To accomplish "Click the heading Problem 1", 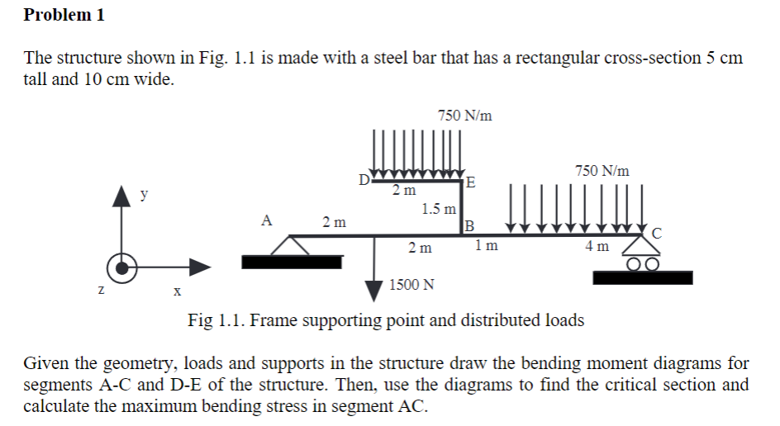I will click(64, 15).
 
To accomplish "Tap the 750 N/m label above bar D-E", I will click(465, 116).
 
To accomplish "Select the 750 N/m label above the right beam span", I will click(602, 171).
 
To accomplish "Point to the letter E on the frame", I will click(471, 182).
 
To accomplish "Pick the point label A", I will click(265, 220).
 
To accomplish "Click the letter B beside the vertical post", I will click(470, 225).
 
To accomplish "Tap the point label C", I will click(657, 232).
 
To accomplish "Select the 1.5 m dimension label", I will click(438, 209).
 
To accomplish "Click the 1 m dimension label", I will click(487, 245).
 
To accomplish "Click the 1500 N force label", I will click(411, 286).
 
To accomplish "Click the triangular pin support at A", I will click(288, 246).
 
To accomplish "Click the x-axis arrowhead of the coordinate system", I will click(201, 267).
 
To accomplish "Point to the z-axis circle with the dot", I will click(123, 267).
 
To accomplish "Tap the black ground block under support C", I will click(642, 278).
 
